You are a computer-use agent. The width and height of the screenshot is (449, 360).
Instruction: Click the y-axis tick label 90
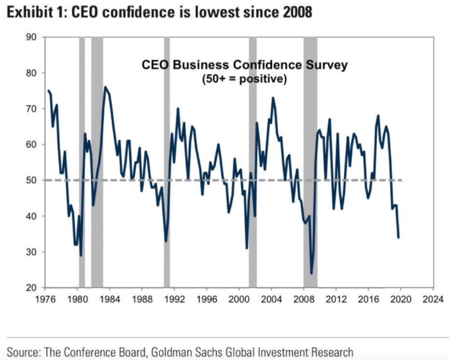pyautogui.click(x=31, y=37)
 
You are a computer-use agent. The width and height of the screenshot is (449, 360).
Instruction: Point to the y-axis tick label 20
pyautogui.click(x=31, y=288)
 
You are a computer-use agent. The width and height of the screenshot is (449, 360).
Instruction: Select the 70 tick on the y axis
pyautogui.click(x=31, y=108)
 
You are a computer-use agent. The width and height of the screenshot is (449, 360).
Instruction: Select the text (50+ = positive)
pyautogui.click(x=245, y=79)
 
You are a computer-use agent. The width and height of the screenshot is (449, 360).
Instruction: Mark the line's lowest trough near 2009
pyautogui.click(x=311, y=273)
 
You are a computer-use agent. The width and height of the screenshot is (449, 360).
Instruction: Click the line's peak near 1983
pyautogui.click(x=105, y=87)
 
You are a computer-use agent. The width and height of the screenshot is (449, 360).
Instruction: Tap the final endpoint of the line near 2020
pyautogui.click(x=399, y=238)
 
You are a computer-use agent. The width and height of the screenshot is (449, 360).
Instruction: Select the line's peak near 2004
pyautogui.click(x=273, y=98)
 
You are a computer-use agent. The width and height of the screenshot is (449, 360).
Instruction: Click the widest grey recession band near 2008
pyautogui.click(x=310, y=161)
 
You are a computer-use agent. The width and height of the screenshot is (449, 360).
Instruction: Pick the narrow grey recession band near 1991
pyautogui.click(x=166, y=161)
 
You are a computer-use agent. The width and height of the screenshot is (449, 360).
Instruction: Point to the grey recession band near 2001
pyautogui.click(x=252, y=161)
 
